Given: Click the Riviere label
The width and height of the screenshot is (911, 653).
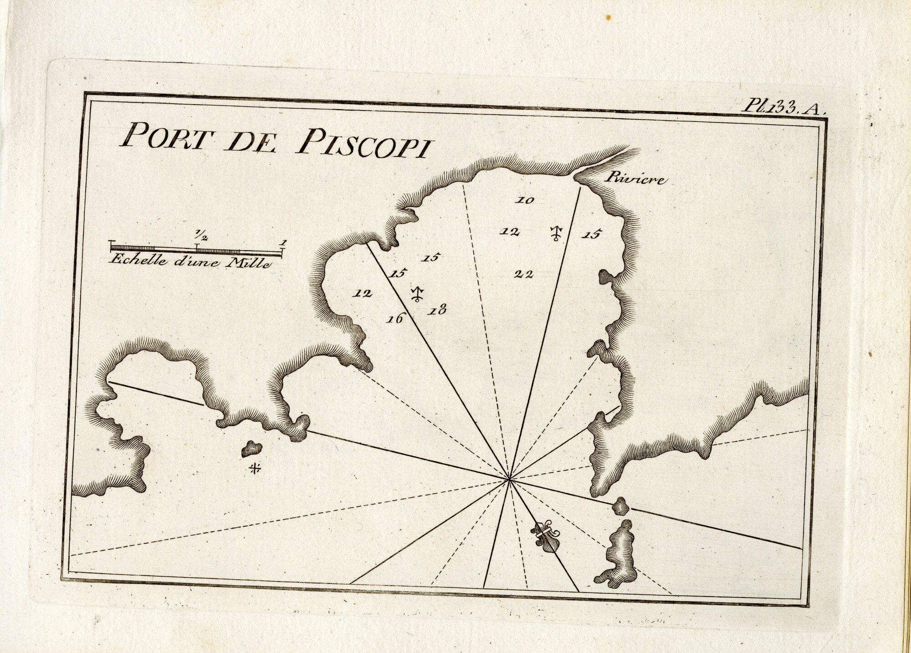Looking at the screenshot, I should click(x=635, y=179).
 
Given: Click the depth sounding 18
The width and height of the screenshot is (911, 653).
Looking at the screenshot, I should click(x=437, y=311).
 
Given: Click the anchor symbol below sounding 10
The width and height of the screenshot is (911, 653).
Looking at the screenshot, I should click(x=556, y=233).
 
